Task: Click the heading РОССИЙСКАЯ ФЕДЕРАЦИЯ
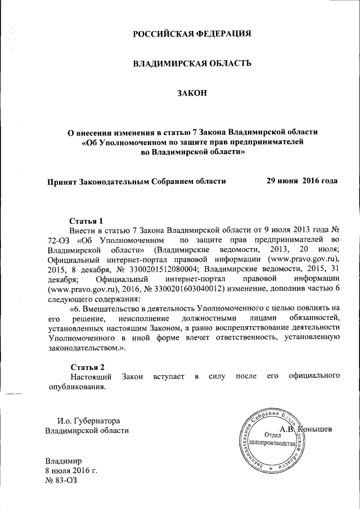[191, 34]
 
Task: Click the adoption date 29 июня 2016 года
[301, 181]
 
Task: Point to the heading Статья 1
[87, 220]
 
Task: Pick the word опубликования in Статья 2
[76, 386]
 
